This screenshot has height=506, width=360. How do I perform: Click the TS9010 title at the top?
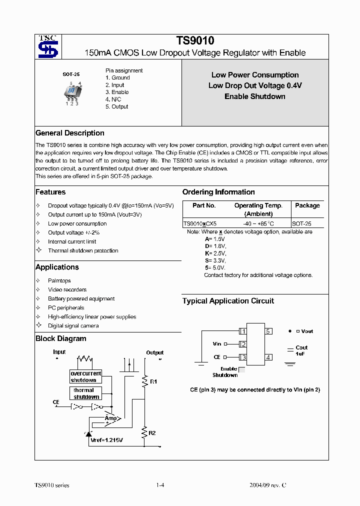(x=195, y=41)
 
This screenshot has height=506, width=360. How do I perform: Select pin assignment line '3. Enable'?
(x=117, y=92)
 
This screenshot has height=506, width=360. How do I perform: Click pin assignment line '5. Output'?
(x=117, y=106)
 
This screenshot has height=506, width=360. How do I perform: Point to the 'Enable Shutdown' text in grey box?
(x=255, y=96)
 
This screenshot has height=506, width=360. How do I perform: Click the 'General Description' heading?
(x=70, y=133)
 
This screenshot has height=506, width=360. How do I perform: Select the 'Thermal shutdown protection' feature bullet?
(x=83, y=250)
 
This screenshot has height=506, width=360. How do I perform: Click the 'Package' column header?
(x=307, y=205)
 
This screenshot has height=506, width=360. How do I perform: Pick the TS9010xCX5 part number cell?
(x=200, y=224)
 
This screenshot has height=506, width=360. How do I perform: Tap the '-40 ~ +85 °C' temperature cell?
(x=258, y=224)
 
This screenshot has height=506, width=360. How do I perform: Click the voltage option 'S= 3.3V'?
(x=215, y=260)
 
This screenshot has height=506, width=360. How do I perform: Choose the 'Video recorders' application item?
(x=67, y=289)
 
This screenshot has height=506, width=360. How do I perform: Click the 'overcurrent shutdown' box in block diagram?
(x=85, y=376)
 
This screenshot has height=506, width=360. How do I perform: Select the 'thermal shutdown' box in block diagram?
(x=86, y=393)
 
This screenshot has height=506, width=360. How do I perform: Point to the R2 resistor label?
(x=152, y=432)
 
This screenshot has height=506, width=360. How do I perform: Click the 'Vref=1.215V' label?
(x=106, y=440)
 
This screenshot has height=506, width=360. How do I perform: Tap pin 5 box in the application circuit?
(x=268, y=331)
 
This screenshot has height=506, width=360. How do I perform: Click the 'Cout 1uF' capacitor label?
(x=301, y=350)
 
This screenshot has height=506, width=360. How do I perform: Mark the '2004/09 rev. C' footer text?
(x=268, y=485)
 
